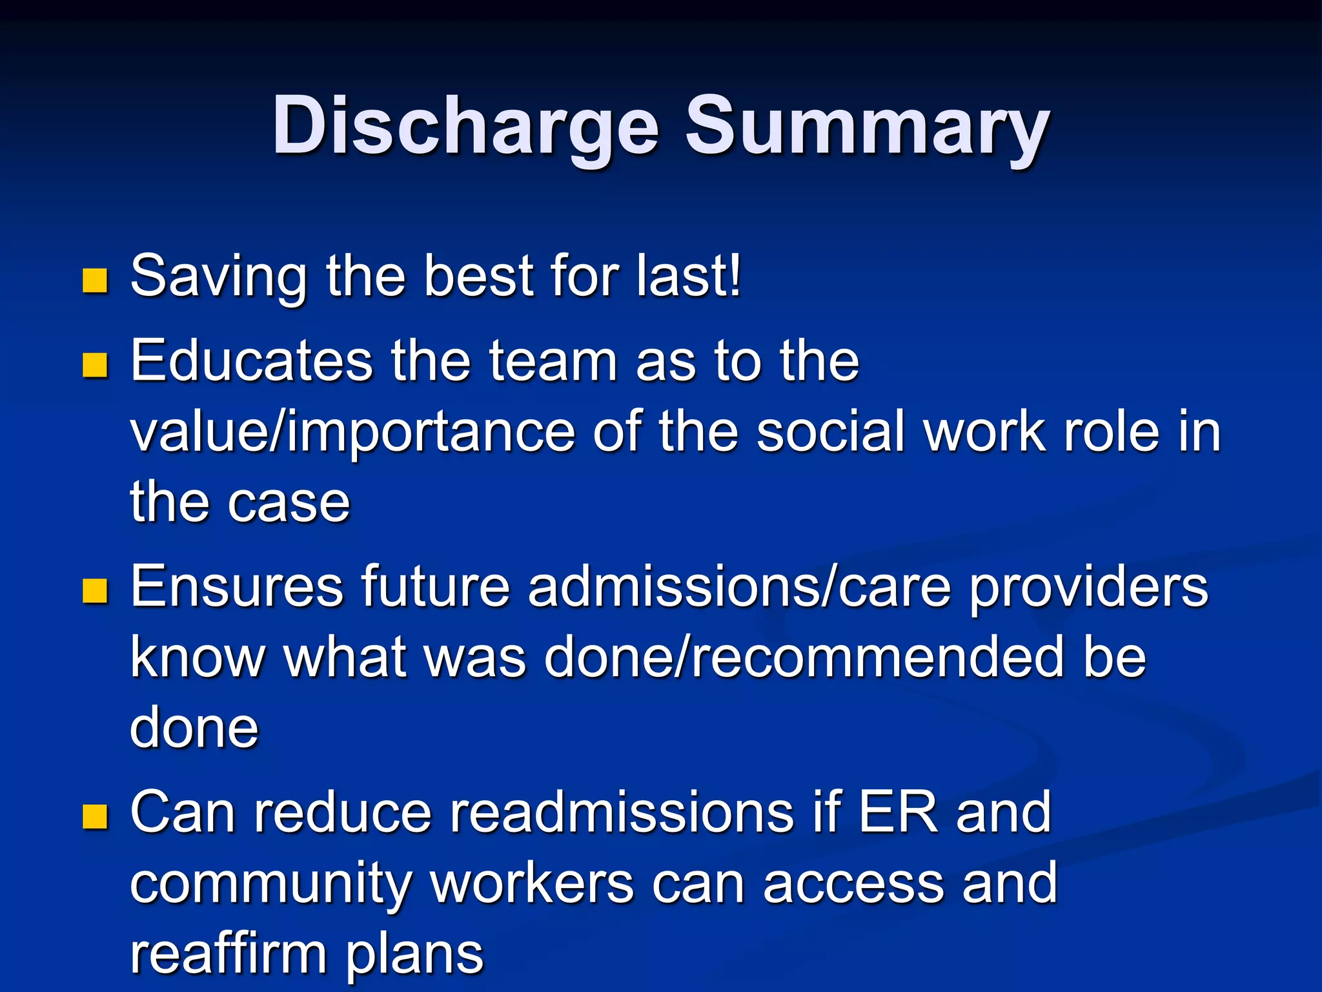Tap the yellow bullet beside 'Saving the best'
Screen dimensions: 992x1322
95,280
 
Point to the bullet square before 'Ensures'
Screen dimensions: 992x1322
95,590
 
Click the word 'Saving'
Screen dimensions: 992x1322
218,276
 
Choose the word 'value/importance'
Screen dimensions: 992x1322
352,431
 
